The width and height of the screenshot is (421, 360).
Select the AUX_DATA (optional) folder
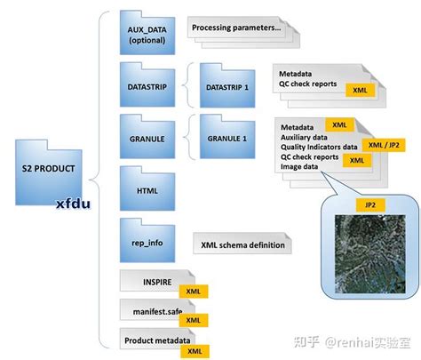point(147,35)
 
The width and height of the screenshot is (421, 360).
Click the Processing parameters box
point(235,28)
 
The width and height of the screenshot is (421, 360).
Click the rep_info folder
point(147,236)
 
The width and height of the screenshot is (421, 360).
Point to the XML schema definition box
point(242,244)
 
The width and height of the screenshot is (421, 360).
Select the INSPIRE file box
point(151,284)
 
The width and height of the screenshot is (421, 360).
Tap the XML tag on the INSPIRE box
point(191,292)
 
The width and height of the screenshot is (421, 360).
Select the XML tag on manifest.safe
point(191,319)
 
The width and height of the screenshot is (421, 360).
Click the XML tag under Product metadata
point(191,351)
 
